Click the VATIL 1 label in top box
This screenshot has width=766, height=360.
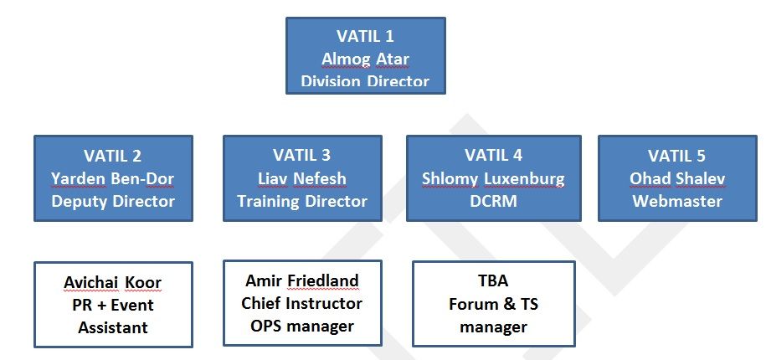(365, 37)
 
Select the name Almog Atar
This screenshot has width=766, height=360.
(365, 59)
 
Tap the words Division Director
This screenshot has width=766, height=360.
(365, 81)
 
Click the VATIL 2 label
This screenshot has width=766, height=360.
(113, 156)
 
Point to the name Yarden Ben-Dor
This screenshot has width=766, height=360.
(113, 178)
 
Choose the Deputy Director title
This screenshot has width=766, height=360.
(113, 201)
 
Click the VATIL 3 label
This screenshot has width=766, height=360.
(302, 155)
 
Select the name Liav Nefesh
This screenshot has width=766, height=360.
(302, 178)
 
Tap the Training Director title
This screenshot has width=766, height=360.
(302, 201)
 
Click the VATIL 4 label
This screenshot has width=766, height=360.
(494, 155)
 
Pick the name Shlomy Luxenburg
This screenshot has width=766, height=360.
(494, 178)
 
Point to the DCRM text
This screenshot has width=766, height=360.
(494, 201)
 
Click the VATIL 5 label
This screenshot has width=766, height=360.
(677, 156)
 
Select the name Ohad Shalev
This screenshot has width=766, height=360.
(677, 178)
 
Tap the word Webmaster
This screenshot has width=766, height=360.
(677, 201)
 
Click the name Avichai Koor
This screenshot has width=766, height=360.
(113, 282)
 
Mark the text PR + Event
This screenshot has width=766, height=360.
(113, 305)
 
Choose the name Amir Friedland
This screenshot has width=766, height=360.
(302, 280)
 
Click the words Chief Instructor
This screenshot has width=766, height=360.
(302, 303)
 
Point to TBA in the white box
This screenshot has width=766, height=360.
(494, 281)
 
